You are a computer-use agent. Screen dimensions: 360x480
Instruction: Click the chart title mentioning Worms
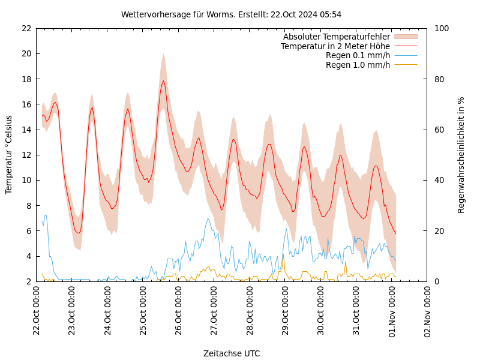[231, 14]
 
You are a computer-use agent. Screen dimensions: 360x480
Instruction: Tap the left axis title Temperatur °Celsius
[9, 154]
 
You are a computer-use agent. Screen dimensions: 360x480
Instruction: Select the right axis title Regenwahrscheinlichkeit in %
[461, 155]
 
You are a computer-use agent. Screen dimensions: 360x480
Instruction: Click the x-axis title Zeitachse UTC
[231, 353]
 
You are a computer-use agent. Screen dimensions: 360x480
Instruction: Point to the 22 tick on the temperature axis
[26, 28]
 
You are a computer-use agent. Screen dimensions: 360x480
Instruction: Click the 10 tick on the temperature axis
[26, 180]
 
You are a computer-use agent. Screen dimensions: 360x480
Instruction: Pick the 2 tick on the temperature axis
[28, 281]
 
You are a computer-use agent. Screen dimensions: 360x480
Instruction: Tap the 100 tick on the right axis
[441, 28]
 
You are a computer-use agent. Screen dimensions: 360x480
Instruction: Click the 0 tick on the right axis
[436, 281]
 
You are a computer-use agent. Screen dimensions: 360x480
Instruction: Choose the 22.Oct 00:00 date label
[37, 312]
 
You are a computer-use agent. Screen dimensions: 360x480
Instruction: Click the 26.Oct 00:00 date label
[179, 312]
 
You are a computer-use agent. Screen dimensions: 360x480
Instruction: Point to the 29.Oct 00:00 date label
[286, 312]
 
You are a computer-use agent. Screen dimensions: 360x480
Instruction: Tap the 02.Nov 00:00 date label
[428, 312]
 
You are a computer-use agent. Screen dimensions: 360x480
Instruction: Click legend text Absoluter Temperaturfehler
[336, 37]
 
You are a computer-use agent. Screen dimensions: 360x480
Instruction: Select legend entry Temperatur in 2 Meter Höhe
[335, 46]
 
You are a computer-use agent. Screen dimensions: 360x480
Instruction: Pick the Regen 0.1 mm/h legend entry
[358, 56]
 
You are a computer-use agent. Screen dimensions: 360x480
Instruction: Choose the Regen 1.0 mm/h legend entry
[358, 65]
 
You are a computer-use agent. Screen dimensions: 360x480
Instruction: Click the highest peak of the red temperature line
[163, 80]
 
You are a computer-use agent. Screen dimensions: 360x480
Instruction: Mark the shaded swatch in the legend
[405, 37]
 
